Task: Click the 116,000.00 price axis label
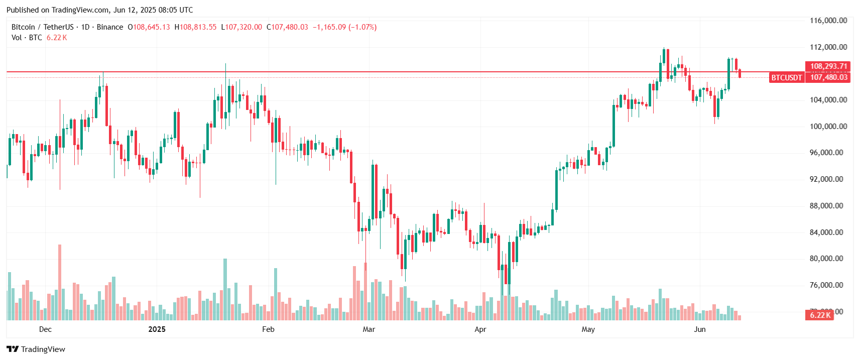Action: click(828, 21)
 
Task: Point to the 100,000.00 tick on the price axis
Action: click(828, 127)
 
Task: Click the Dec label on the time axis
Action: click(45, 329)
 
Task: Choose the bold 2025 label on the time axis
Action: click(157, 329)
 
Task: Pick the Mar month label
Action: click(368, 329)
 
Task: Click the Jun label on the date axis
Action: click(699, 329)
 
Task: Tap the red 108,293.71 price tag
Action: click(828, 66)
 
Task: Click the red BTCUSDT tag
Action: click(786, 77)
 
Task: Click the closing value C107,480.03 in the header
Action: click(287, 27)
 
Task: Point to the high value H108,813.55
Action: click(195, 27)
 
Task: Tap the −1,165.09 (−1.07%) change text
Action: click(344, 27)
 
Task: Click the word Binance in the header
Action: click(109, 27)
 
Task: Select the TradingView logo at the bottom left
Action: click(36, 349)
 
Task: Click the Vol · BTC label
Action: click(27, 38)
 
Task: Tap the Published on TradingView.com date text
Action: click(99, 10)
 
